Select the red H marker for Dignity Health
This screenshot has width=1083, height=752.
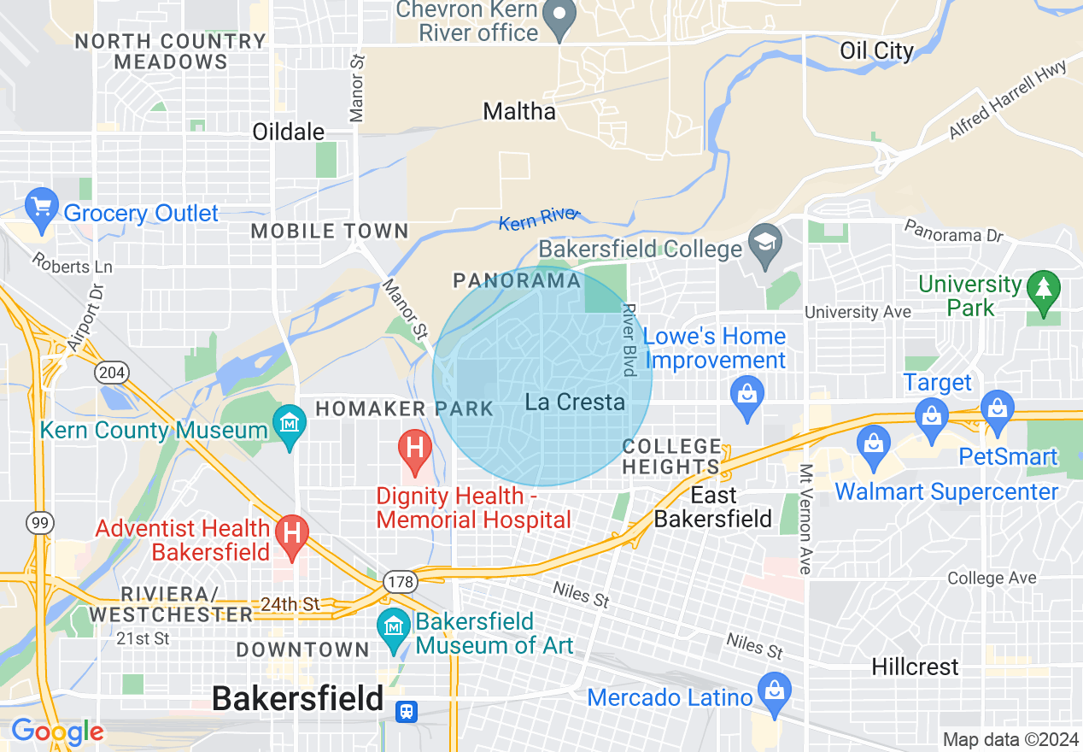click(414, 449)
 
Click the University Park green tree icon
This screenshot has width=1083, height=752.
click(1043, 288)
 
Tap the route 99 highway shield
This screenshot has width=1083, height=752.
click(39, 523)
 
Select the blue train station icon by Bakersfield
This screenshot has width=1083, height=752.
click(407, 711)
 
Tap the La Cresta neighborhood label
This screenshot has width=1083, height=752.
click(575, 402)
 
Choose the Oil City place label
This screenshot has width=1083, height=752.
click(876, 50)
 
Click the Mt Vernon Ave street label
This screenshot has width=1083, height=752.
click(805, 519)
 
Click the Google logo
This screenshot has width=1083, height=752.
click(56, 731)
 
